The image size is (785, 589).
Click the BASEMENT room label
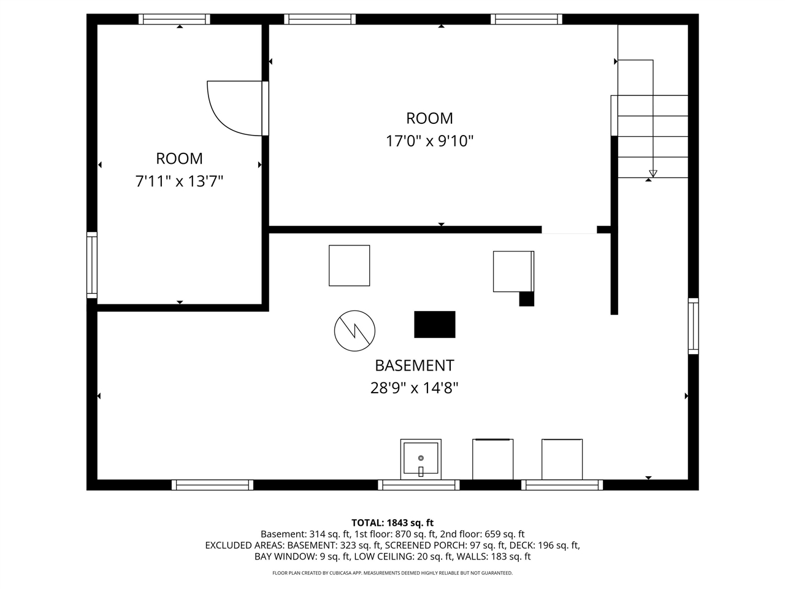[414, 366]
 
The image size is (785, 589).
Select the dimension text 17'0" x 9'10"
[429, 141]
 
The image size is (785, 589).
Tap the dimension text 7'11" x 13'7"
[179, 182]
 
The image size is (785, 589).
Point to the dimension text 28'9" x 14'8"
[414, 388]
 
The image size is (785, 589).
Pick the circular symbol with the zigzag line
[354, 331]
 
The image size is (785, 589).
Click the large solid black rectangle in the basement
[435, 325]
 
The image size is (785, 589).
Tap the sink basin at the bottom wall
[421, 459]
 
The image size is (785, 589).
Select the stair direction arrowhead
[653, 174]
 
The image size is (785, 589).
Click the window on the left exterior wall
[92, 265]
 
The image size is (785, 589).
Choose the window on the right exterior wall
[693, 326]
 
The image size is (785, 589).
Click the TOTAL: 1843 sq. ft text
[392, 523]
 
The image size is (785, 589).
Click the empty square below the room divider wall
[349, 265]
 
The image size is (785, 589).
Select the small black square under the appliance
[526, 299]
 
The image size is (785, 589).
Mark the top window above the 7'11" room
[174, 19]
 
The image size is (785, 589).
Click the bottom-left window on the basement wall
[212, 485]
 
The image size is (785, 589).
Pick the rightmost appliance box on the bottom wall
[562, 459]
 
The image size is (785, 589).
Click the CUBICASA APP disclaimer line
[392, 573]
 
